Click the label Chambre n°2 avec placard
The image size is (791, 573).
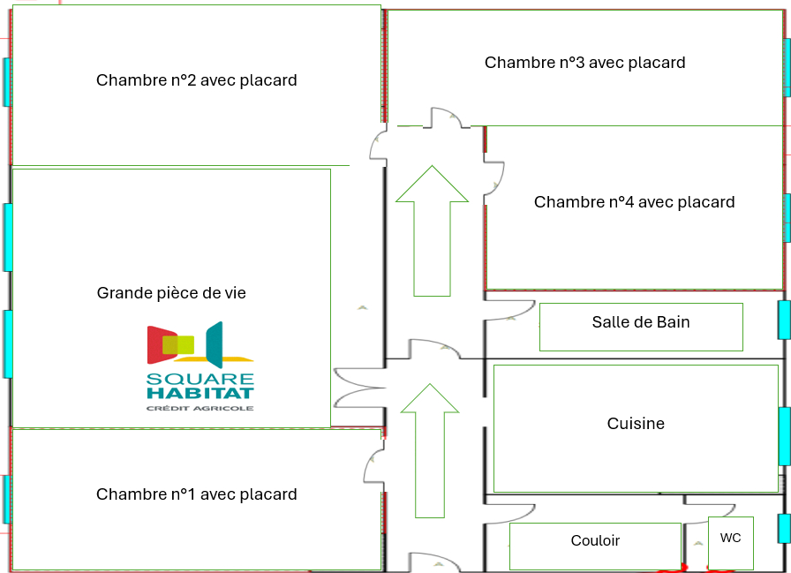tap(196, 80)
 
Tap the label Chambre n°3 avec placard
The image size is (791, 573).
tap(584, 63)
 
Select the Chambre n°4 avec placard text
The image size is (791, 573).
tap(634, 202)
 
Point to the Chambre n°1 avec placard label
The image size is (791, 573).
tap(196, 494)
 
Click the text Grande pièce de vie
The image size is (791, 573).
tap(171, 292)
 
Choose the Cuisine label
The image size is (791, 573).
tap(636, 425)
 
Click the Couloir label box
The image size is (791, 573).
tap(595, 541)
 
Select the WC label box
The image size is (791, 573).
tap(731, 539)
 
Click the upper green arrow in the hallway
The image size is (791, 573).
tap(432, 229)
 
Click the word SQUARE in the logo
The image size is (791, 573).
tap(200, 380)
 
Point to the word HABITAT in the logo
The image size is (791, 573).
tap(200, 394)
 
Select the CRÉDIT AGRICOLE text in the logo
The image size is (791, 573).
tap(200, 408)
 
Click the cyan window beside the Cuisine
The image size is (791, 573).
tap(784, 436)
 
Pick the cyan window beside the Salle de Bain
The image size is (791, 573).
tap(784, 320)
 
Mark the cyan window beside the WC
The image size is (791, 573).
tap(784, 529)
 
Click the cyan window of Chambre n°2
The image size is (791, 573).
tap(7, 82)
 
